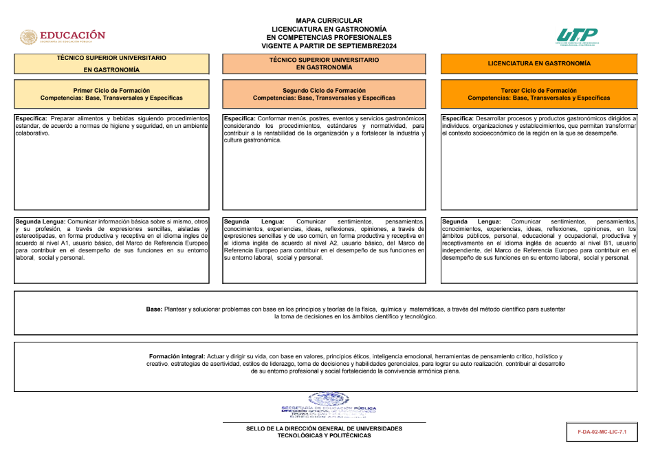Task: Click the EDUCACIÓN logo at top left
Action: click(x=63, y=36)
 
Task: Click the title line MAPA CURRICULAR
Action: click(x=329, y=21)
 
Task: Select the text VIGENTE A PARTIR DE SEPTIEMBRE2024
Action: click(x=329, y=46)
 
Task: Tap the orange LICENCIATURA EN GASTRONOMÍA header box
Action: click(x=538, y=63)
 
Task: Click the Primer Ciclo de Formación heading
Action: click(x=111, y=90)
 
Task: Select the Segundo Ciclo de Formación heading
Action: click(x=324, y=90)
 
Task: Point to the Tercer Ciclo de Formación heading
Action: click(x=538, y=90)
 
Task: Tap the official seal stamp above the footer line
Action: click(x=329, y=405)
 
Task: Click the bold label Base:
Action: click(x=154, y=309)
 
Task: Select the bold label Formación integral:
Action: click(x=177, y=356)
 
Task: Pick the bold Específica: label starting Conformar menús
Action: click(x=240, y=118)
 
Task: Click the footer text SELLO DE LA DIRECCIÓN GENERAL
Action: click(x=324, y=428)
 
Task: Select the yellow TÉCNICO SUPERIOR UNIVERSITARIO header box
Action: click(x=111, y=64)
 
